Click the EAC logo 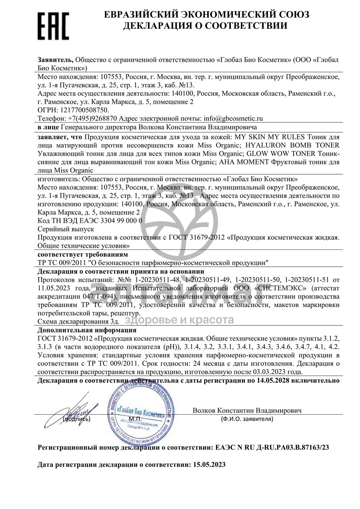[x=53, y=26]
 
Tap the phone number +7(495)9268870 [x=92, y=118]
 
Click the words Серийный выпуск [x=66, y=229]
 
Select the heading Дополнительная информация [x=87, y=330]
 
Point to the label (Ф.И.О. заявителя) [x=247, y=419]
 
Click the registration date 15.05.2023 [x=208, y=465]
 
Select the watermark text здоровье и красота [x=180, y=320]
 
